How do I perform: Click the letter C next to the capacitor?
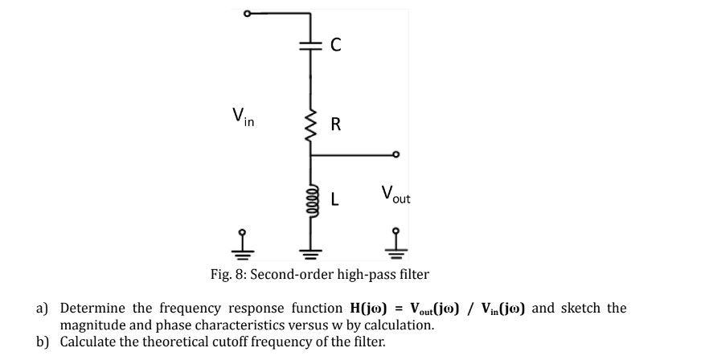[336, 47]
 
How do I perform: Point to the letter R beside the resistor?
[336, 124]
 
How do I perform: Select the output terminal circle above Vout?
[395, 155]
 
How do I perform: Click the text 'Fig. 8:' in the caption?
[228, 275]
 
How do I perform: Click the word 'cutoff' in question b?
[235, 342]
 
